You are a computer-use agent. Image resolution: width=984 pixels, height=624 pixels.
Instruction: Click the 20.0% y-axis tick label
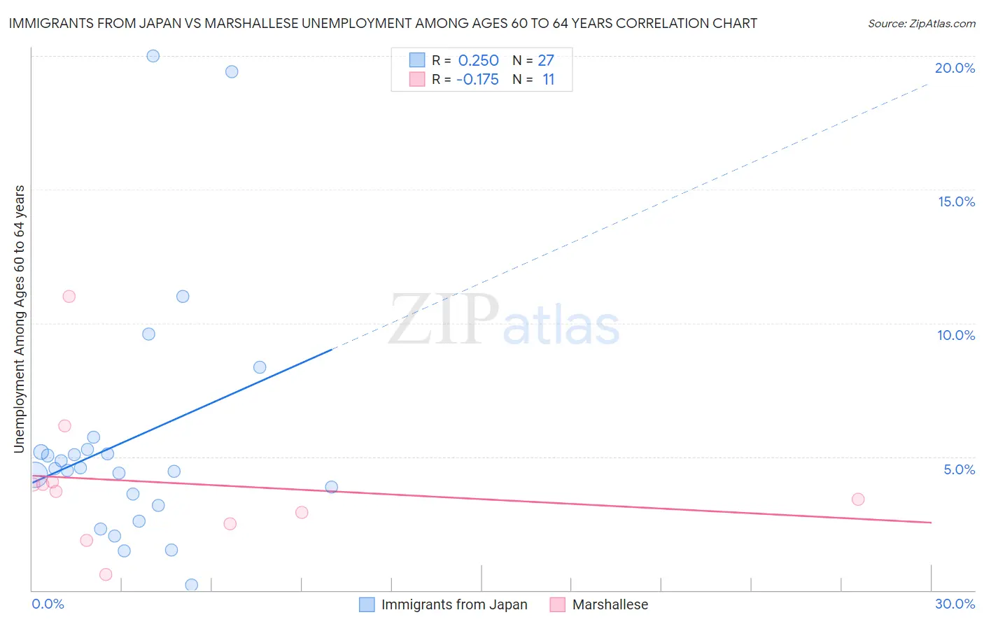click(x=955, y=68)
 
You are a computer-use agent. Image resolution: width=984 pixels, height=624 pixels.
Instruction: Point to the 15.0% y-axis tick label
click(x=956, y=201)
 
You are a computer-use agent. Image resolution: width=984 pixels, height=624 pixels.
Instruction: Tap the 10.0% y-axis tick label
click(x=956, y=335)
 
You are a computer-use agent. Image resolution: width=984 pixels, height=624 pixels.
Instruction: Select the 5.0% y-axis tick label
click(x=959, y=469)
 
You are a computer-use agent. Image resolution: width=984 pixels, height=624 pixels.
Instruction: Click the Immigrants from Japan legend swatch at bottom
click(x=367, y=605)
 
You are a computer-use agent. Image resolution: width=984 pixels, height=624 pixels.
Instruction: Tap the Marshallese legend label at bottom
click(x=610, y=605)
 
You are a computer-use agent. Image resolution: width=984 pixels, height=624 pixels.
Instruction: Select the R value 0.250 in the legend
click(x=478, y=61)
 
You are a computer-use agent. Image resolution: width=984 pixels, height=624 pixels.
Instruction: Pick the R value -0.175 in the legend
click(x=477, y=80)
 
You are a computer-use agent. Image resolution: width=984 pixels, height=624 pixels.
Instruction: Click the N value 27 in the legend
click(x=546, y=61)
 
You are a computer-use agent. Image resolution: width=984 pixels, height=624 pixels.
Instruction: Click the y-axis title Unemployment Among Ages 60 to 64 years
click(x=20, y=319)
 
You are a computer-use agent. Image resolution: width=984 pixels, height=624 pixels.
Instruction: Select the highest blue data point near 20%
click(x=153, y=56)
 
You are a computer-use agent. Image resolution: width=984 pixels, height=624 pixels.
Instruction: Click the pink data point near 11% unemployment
click(x=69, y=297)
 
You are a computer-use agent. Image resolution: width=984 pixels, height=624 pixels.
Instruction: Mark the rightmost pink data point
click(x=858, y=499)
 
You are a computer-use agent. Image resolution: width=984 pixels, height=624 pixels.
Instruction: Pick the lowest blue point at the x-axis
click(x=191, y=585)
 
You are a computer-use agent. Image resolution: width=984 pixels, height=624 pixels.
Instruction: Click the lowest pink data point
click(x=106, y=574)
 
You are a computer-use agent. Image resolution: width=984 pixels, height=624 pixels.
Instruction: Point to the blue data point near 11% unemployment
click(x=183, y=297)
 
